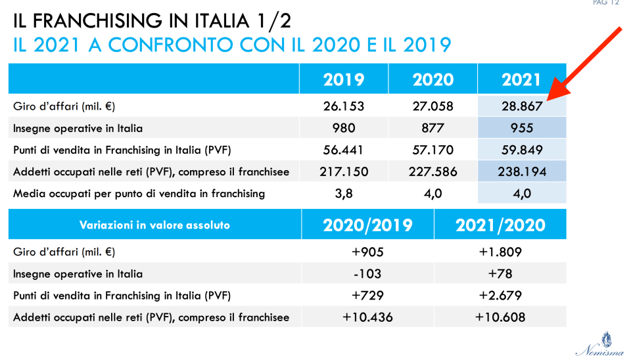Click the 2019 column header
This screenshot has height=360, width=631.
point(343,79)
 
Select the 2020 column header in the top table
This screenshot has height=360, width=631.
point(432,79)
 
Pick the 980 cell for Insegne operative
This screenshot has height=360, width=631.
point(343,127)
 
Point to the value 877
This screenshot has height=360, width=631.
point(432,127)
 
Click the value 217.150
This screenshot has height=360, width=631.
point(343,171)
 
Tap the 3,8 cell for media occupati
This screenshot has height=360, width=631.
point(343,193)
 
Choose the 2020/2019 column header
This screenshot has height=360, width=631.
point(367,225)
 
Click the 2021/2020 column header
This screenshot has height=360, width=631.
point(500,225)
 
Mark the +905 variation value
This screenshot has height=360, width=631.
point(367,252)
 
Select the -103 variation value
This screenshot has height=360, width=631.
point(367,273)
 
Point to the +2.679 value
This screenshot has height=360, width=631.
point(500,296)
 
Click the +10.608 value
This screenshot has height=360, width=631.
point(500,317)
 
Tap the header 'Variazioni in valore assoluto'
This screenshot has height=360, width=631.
point(154,225)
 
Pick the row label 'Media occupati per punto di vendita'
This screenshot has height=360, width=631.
point(139,193)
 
